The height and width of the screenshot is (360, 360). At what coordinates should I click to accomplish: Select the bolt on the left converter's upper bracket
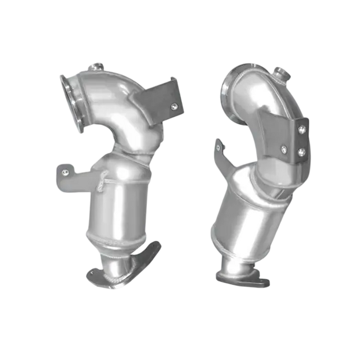coord(173,106)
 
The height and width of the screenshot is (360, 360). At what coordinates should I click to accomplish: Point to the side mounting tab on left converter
coord(67,174)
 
